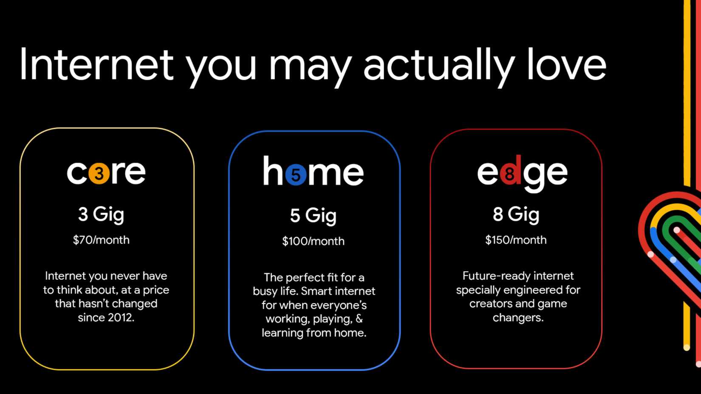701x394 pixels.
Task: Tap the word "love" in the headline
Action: pos(567,65)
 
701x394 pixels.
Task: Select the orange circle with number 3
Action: pos(99,173)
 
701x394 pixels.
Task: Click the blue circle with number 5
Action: pos(296,174)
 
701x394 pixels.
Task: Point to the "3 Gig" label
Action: pos(101,214)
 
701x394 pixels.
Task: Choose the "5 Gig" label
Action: pos(313,216)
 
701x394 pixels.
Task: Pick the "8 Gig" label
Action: pos(516,214)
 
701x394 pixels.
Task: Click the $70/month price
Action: pos(101,240)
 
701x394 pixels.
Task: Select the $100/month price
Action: pos(313,241)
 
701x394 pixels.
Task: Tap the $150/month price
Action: pos(516,240)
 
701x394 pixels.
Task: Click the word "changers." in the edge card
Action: pos(518,318)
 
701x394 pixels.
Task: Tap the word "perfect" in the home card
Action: pos(303,278)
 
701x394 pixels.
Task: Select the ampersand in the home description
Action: pos(359,319)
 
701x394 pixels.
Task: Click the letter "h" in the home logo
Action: pos(273,171)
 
